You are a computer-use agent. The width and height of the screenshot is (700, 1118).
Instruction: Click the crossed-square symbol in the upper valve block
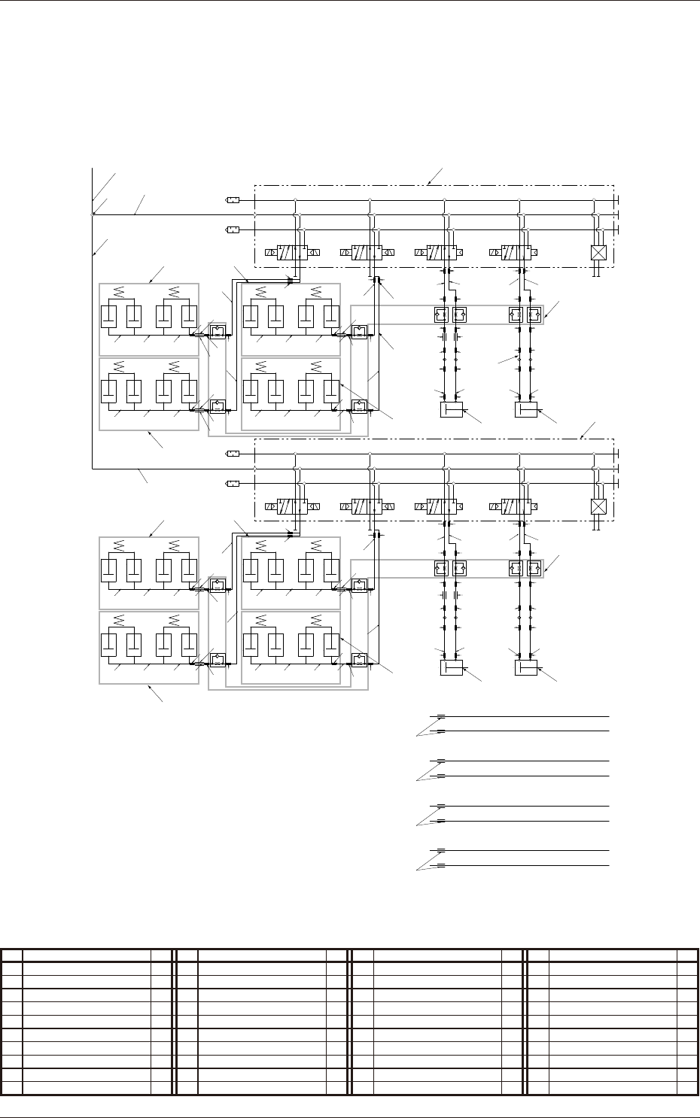[x=598, y=253]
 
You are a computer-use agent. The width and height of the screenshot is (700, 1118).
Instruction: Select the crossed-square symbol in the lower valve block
[x=598, y=506]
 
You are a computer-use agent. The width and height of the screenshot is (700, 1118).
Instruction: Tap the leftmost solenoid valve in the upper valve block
[x=292, y=253]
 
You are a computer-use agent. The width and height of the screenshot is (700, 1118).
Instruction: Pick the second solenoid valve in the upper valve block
[x=367, y=253]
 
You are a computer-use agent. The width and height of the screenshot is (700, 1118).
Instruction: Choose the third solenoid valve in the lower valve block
[x=441, y=506]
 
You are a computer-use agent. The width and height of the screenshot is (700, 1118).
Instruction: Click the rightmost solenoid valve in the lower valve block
[x=516, y=506]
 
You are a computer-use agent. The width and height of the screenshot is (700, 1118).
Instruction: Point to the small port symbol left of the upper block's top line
[x=233, y=200]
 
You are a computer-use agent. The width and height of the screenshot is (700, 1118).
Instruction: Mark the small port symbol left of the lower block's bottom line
[x=233, y=483]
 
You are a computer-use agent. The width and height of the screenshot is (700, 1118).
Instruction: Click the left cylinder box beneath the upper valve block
[x=451, y=410]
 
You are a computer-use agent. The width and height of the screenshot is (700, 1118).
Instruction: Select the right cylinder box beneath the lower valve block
[x=526, y=667]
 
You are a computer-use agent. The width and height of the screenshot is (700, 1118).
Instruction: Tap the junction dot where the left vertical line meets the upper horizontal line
[x=93, y=214]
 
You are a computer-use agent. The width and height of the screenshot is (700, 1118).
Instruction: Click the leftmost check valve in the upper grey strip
[x=442, y=314]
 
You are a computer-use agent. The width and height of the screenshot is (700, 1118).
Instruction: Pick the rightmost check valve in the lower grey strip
[x=534, y=569]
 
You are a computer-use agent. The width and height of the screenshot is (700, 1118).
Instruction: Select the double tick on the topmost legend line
[x=441, y=716]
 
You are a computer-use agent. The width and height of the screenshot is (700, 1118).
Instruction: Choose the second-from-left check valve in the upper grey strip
[x=459, y=314]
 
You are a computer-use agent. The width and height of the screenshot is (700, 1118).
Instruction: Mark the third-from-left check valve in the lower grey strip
[x=517, y=569]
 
